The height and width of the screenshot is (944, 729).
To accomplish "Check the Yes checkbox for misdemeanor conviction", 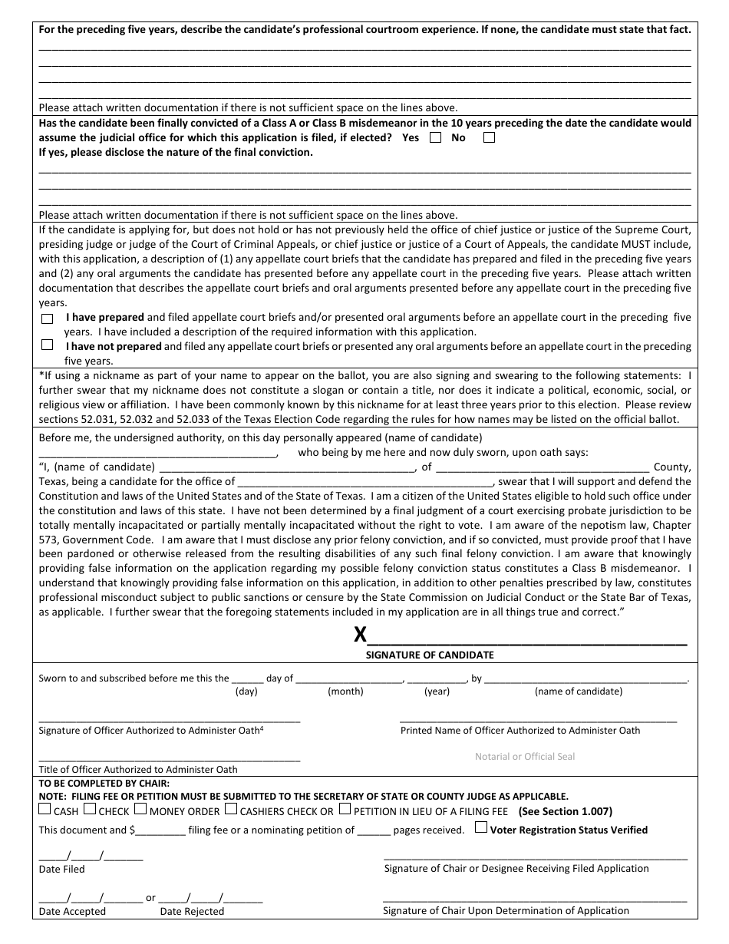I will pos(436,138).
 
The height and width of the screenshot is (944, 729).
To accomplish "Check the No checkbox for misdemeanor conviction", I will pos(489,138).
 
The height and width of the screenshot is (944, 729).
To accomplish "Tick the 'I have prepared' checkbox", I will pos(48,319).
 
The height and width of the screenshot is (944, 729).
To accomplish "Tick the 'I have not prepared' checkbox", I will pos(48,345).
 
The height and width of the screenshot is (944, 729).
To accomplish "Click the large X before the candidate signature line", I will pos(360,635).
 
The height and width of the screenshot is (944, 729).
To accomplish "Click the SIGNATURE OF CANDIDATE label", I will pos(430,655).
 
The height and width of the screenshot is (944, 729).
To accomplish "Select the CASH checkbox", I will pos(45,810).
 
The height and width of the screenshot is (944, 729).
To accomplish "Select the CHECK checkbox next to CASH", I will pos(89,810).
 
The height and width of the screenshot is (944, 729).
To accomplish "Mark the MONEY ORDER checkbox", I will pos(140,810).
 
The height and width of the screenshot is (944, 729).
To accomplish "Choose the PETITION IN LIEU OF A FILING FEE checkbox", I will pos(345,810).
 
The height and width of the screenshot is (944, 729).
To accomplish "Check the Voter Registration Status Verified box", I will pos(480,828).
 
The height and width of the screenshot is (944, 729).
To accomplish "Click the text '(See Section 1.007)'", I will pos(566,811).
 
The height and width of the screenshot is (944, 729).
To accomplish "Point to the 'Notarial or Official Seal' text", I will pos(525,757).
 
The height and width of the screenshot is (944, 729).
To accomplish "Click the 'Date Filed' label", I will pos(61,870).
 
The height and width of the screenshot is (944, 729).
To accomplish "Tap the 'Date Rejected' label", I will pos(192,912).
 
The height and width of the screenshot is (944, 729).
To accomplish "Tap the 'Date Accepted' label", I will pos(72,912).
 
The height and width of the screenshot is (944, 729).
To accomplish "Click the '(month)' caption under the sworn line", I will pos(345,691).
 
